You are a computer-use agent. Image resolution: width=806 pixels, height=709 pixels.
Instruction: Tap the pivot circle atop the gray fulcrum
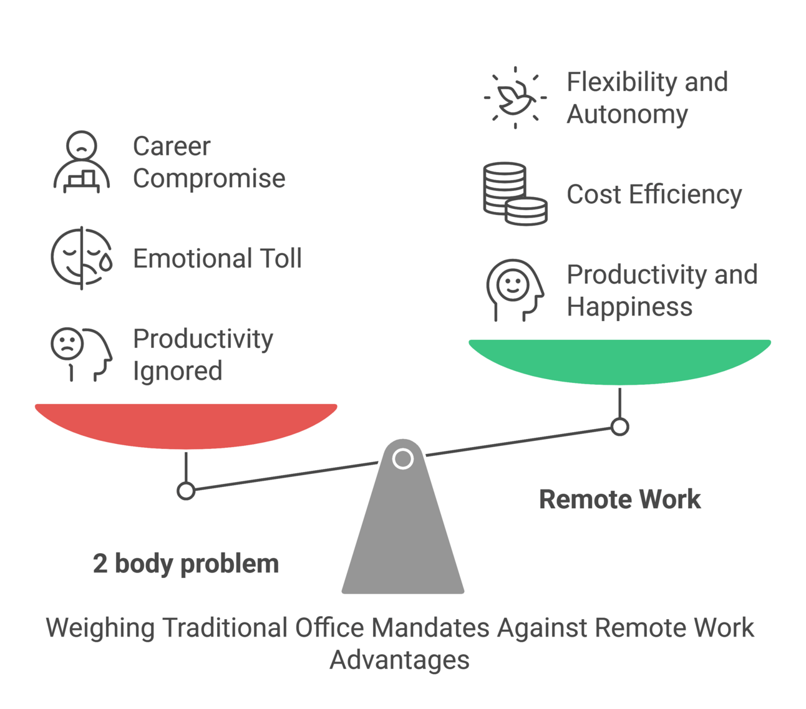pos(403,459)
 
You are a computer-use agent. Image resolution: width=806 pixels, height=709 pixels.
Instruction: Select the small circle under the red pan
pos(186,491)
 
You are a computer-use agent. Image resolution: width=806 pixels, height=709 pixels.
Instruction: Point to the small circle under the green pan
pos(619,427)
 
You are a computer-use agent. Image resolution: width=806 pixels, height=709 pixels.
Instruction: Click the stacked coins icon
pos(515,194)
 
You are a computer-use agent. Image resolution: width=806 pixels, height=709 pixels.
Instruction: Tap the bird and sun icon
pos(515,98)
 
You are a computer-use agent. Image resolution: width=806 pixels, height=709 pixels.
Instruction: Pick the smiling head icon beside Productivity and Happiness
pos(514,290)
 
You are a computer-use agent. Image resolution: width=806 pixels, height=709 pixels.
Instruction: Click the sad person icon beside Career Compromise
pos(81,162)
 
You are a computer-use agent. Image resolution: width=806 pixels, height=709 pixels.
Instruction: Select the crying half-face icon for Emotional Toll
pos(82,258)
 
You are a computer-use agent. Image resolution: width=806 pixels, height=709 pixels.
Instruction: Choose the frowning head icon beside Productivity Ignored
pos(81,354)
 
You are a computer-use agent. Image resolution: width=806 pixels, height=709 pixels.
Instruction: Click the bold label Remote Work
pos(619,499)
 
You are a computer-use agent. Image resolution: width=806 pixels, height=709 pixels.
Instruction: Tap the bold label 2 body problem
pos(186,564)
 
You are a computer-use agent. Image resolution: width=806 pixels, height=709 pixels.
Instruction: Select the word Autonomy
pos(627,115)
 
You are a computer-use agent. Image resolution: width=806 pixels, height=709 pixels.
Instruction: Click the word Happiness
pos(629,307)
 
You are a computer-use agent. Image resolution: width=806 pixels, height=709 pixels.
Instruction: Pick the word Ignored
pos(178,371)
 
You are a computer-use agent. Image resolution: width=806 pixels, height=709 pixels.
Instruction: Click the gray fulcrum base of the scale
pos(403,536)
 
